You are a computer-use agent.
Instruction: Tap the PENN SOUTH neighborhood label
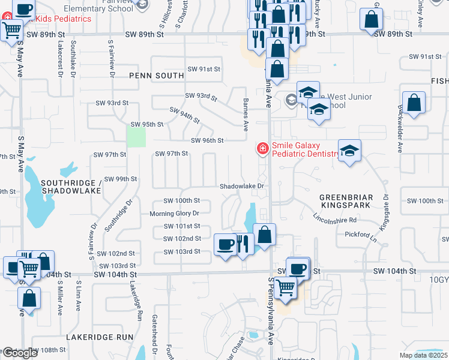(156, 76)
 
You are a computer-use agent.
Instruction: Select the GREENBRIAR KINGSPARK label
(346, 201)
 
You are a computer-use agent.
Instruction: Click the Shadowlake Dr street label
(242, 186)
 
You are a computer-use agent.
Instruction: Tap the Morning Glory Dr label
(174, 214)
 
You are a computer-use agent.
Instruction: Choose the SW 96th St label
(207, 140)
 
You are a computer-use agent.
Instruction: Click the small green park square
(137, 137)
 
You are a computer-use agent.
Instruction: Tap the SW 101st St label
(182, 226)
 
